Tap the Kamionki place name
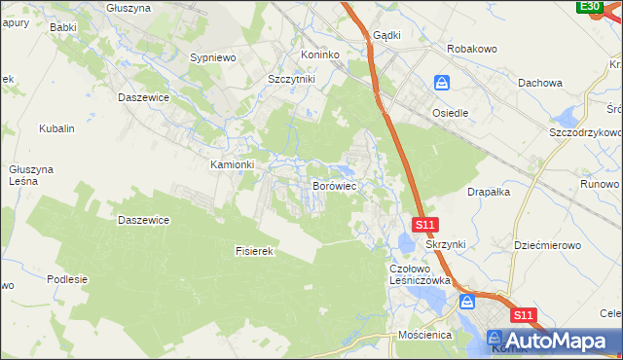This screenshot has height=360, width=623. tap(233, 164)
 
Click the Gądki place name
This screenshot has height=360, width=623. tap(386, 34)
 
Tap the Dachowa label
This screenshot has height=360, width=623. tap(541, 84)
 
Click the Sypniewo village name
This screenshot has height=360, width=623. tap(214, 58)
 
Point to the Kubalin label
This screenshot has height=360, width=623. tap(56, 128)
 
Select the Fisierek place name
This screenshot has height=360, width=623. tap(257, 251)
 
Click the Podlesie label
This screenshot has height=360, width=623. tap(67, 279)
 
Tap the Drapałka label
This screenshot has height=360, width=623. tap(489, 192)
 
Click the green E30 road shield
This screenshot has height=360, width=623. tap(589, 7)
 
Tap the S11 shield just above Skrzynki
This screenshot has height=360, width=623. tap(424, 225)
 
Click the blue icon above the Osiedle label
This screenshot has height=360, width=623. tap(442, 84)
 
